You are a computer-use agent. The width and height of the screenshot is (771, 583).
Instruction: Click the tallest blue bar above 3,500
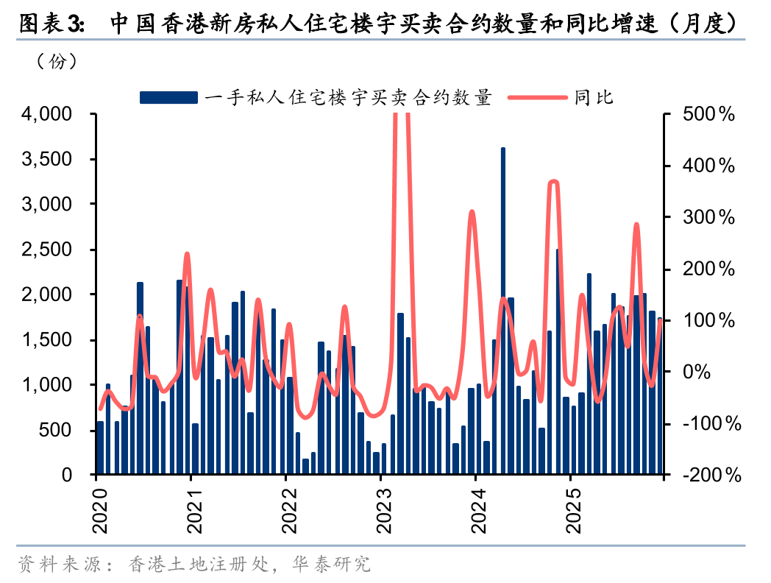click(x=503, y=309)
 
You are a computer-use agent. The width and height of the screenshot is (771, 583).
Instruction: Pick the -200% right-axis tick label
click(x=711, y=476)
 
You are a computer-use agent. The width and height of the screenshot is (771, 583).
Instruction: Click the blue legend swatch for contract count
click(x=168, y=97)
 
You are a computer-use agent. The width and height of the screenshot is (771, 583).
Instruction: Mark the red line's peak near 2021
click(x=187, y=255)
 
